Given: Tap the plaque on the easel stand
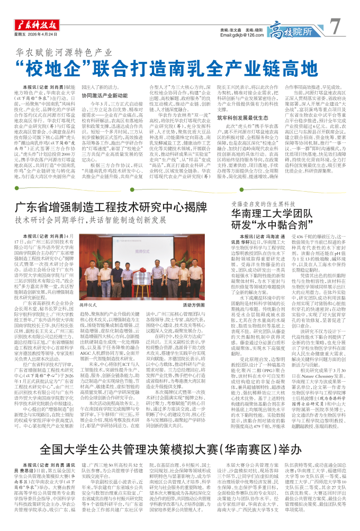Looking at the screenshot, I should click(142, 281).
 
